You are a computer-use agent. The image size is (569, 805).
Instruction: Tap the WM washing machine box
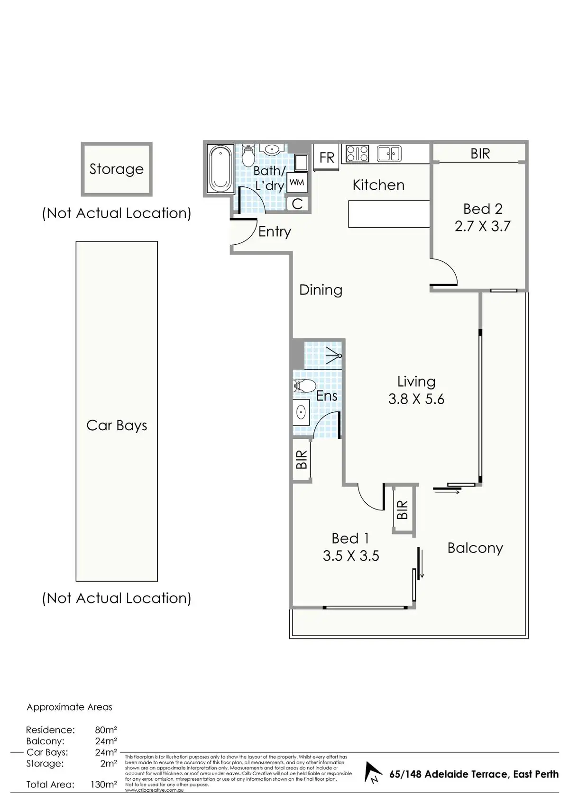click(x=297, y=182)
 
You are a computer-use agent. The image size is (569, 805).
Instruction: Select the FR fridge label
click(x=327, y=157)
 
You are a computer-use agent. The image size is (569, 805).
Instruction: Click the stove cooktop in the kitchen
click(x=358, y=154)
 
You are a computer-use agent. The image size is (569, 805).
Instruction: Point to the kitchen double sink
click(x=389, y=154)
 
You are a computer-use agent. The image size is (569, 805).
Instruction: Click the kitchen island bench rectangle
click(x=389, y=214)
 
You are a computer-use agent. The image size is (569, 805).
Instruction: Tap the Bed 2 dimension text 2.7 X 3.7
click(x=482, y=226)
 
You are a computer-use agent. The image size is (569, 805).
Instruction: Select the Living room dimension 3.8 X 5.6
click(x=416, y=399)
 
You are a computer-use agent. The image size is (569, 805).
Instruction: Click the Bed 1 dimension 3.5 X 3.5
click(x=351, y=555)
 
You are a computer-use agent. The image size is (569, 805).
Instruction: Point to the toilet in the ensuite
click(x=304, y=385)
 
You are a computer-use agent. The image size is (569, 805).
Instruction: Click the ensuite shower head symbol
click(x=335, y=355)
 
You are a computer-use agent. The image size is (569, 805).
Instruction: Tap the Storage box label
click(x=116, y=169)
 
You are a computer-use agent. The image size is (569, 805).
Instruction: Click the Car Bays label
click(x=117, y=426)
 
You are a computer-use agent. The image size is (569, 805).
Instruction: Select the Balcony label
click(x=475, y=548)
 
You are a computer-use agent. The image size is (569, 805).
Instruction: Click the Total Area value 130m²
click(x=104, y=785)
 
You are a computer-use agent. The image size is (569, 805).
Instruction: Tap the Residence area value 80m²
click(x=106, y=730)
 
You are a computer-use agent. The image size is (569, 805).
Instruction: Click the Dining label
click(x=321, y=290)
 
